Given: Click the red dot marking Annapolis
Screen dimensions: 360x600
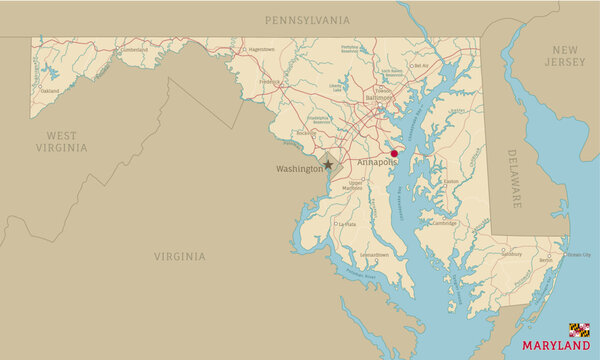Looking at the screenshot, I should pos(394,154).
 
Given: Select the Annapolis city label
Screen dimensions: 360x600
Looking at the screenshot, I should pos(377,161).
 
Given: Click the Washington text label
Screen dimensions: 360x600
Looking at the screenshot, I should pos(299,169).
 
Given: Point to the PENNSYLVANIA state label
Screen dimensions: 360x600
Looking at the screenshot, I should pos(307,20).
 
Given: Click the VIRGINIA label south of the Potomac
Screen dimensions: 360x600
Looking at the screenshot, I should pos(180,256).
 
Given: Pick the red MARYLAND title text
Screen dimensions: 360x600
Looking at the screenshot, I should pos(556,346).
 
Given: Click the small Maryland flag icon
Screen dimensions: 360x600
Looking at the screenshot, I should pos(579,329).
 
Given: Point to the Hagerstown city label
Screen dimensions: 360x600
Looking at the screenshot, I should pos(261,48).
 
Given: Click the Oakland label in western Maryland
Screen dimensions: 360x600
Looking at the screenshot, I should pos(49,90).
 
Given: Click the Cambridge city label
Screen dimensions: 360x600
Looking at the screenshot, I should pos(444,224).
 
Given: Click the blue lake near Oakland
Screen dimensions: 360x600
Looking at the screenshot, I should pos(48,71).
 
